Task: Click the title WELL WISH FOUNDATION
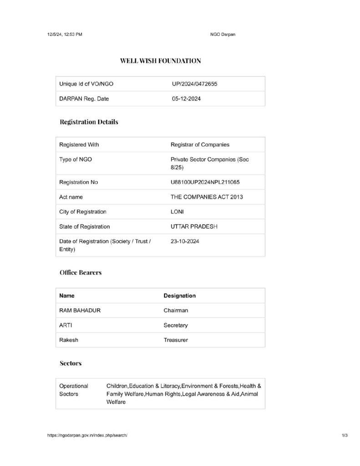[160, 60]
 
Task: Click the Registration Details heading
[89, 122]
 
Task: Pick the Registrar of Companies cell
[200, 145]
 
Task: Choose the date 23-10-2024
[184, 241]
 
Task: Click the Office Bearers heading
[81, 273]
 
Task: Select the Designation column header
[179, 295]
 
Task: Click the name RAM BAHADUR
[80, 310]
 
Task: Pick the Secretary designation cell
[176, 325]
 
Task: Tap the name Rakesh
[69, 340]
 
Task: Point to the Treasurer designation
[176, 340]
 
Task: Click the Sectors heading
[71, 364]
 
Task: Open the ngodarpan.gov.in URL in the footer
[87, 436]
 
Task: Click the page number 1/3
[344, 436]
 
